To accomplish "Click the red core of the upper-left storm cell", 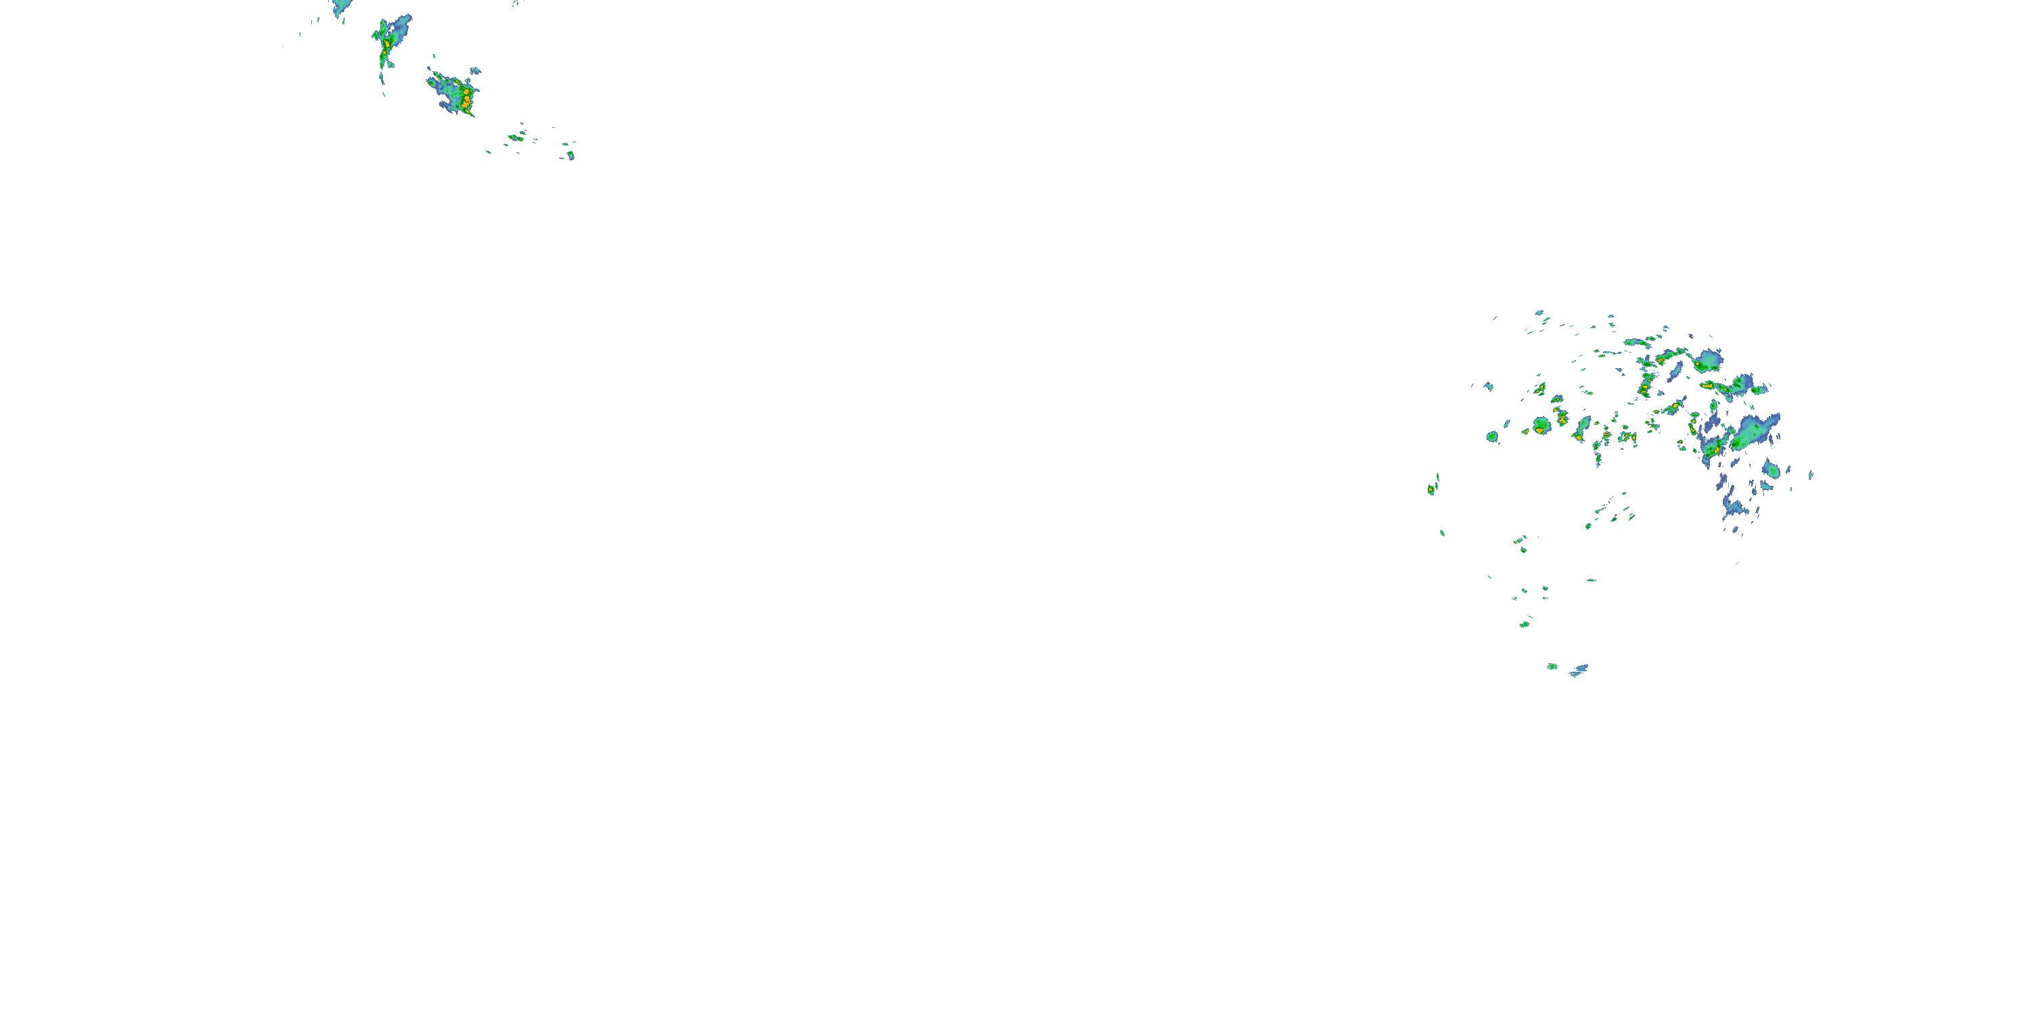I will click(x=466, y=99).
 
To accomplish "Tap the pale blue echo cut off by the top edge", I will click(x=340, y=7).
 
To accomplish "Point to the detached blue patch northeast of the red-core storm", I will click(x=475, y=72).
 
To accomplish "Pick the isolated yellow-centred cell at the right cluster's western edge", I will click(x=1431, y=489).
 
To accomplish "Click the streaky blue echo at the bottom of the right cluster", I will click(x=1579, y=671).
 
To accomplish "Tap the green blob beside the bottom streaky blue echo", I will click(x=1552, y=667).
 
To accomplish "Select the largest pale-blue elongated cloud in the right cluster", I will click(x=1756, y=431).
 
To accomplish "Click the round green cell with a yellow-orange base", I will click(x=1541, y=426).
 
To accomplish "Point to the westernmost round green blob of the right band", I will click(x=1492, y=436).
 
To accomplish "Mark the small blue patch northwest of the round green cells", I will click(x=1488, y=386).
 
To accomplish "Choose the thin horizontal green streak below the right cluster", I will click(x=1592, y=581).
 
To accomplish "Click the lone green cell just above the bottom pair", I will click(x=1525, y=624).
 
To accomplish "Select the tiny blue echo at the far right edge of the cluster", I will click(x=1811, y=474).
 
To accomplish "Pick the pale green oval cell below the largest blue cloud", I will click(x=1772, y=470).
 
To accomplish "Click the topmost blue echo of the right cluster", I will click(x=1538, y=312).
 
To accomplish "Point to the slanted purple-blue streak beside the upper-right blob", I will click(x=1674, y=372).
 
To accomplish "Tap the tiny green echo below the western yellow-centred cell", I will click(x=1442, y=533).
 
